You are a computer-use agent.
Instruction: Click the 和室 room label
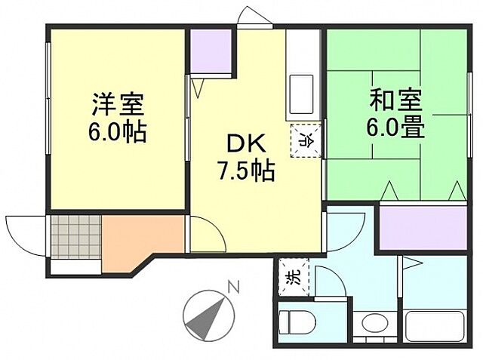pos(395,99)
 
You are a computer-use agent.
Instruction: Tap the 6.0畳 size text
pos(395,126)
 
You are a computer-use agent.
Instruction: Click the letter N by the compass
pos(233,287)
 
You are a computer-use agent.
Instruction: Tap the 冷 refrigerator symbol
pos(306,139)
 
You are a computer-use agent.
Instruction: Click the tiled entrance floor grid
pos(75,235)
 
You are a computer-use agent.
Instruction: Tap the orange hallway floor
pos(136,238)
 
